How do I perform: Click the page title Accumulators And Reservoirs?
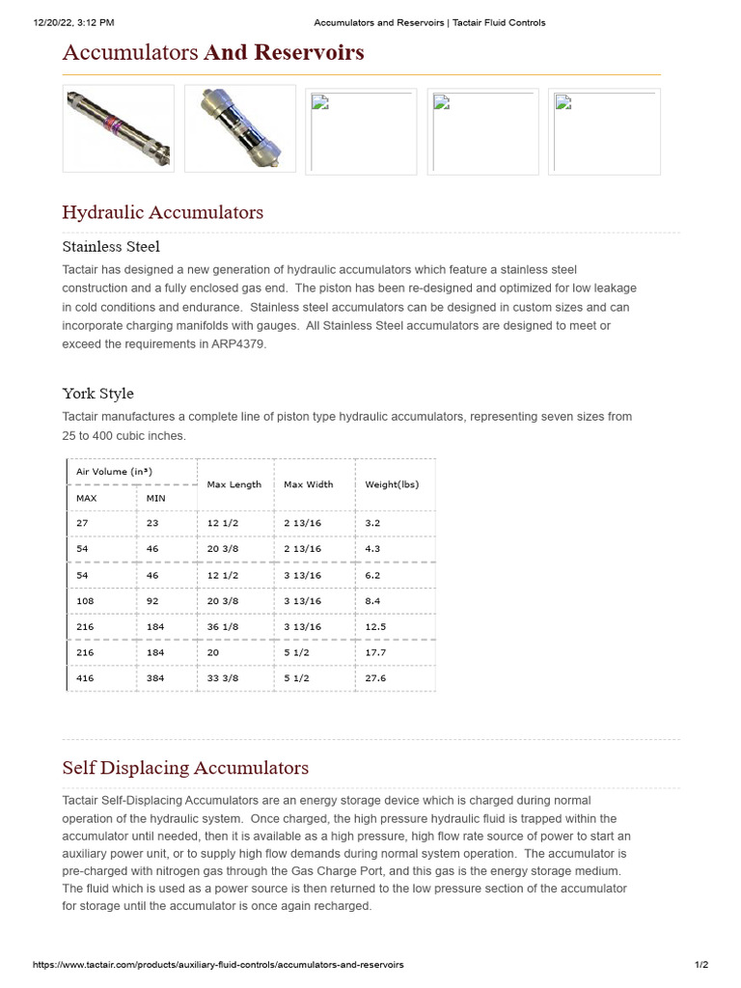(x=213, y=52)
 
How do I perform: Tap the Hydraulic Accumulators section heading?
(x=162, y=212)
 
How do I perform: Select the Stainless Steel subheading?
(x=111, y=246)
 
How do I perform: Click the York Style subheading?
(x=97, y=393)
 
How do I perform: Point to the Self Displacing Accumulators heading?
(x=185, y=768)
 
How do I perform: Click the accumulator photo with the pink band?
(x=118, y=129)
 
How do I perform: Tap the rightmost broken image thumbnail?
(x=604, y=130)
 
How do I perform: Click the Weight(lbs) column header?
(x=392, y=484)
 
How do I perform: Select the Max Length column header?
(x=234, y=484)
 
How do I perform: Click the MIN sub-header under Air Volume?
(x=155, y=498)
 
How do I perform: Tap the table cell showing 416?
(x=86, y=678)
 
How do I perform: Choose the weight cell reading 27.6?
(x=375, y=678)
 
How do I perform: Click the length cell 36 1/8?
(x=223, y=626)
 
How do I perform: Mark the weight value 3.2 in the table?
(x=372, y=522)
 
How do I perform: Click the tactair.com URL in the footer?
(x=218, y=965)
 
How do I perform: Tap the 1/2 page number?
(x=701, y=965)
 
